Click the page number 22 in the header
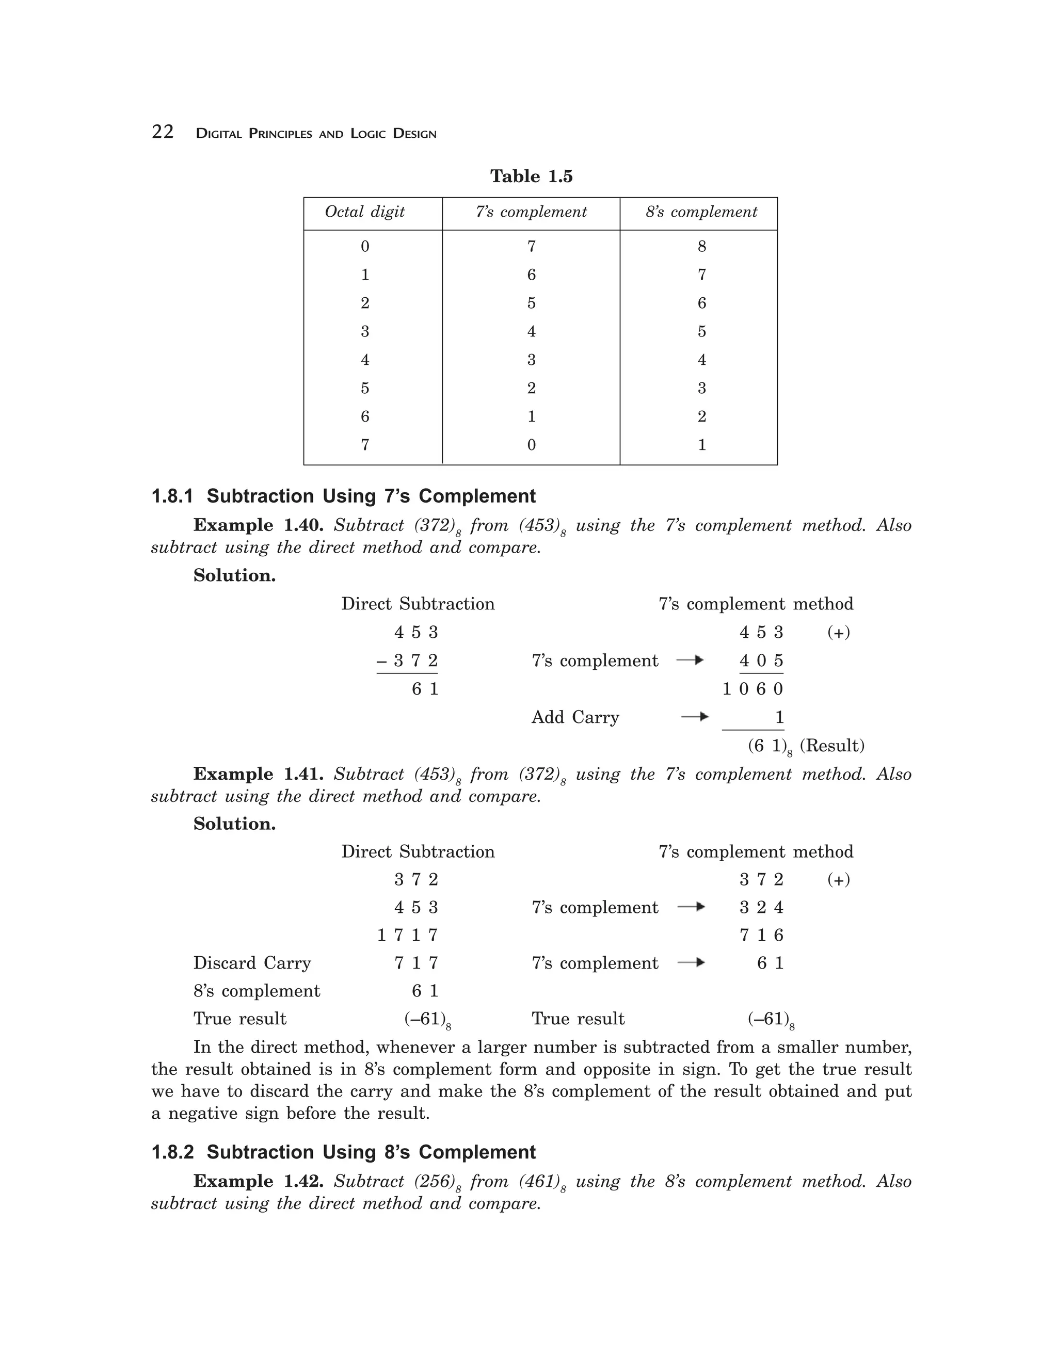163,132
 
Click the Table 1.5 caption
531,176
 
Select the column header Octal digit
364,212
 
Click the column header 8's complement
701,212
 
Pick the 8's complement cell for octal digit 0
701,246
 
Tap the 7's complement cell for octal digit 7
531,445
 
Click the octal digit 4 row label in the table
365,360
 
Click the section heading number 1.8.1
172,496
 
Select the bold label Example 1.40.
258,525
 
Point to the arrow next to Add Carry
695,716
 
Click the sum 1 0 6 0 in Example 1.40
752,689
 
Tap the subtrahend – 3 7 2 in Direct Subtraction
407,660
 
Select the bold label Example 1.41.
258,774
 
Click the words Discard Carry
251,963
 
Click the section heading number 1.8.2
172,1152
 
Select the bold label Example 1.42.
258,1181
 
